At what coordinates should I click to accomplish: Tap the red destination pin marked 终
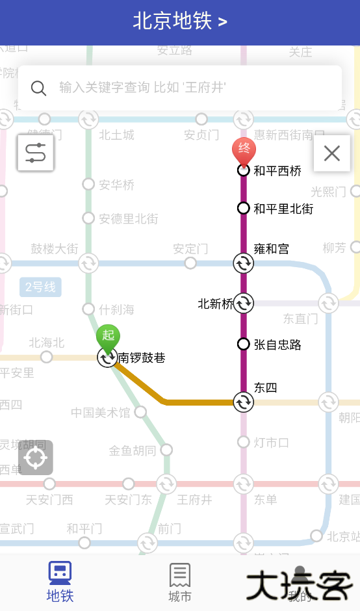[x=244, y=150]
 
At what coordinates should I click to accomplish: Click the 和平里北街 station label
[x=283, y=209]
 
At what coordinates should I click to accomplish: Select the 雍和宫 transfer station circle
[x=244, y=263]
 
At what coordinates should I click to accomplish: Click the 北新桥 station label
[x=215, y=304]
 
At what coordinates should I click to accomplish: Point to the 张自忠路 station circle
[x=244, y=344]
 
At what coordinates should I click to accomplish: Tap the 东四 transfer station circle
[x=244, y=402]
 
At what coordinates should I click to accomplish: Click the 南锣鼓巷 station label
[x=142, y=357]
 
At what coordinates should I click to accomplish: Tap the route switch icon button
[x=36, y=153]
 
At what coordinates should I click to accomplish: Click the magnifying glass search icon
[x=39, y=88]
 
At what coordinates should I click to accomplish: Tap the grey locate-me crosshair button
[x=36, y=458]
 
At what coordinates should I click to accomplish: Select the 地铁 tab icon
[x=60, y=573]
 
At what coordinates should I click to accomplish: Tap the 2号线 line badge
[x=40, y=287]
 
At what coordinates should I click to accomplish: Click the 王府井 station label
[x=194, y=500]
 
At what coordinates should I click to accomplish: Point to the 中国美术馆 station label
[x=101, y=413]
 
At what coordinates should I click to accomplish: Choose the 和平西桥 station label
[x=277, y=171]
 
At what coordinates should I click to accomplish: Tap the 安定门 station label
[x=190, y=249]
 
